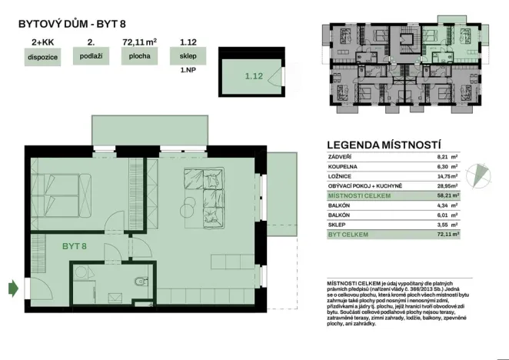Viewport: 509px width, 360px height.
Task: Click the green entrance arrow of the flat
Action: click(x=12, y=288)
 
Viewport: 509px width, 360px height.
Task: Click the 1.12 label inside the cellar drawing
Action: click(x=254, y=75)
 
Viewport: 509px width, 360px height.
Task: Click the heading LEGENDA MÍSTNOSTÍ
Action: click(x=384, y=144)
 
